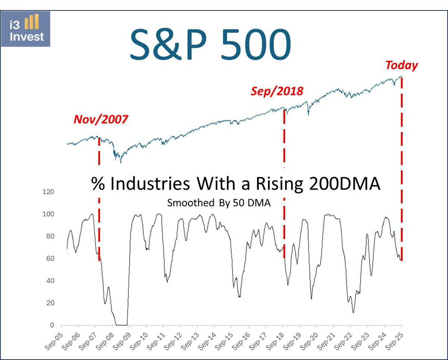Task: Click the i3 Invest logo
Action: tap(25, 29)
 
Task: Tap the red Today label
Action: tap(401, 65)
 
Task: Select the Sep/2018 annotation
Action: tap(277, 91)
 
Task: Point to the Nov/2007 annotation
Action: tap(101, 119)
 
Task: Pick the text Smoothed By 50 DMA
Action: tap(219, 203)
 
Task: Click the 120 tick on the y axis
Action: tap(50, 192)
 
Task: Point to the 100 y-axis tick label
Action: tap(50, 214)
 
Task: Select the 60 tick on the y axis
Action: tap(51, 258)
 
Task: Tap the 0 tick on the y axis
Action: tap(53, 325)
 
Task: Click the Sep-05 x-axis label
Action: tap(55, 342)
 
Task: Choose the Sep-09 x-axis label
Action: tap(123, 342)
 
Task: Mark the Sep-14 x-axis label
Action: tap(209, 342)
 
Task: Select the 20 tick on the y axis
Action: tap(51, 303)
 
